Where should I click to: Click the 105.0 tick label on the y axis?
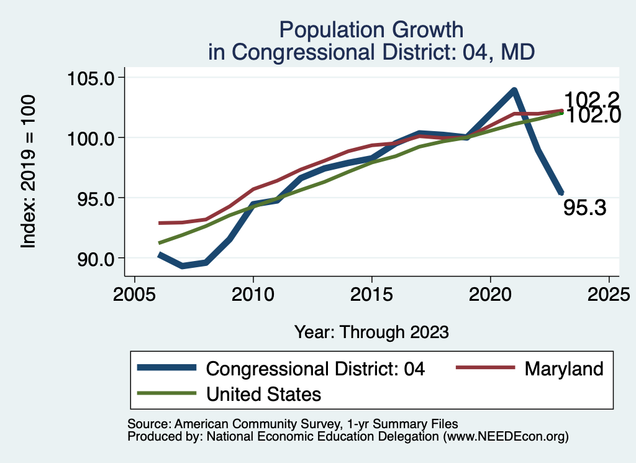click(92, 78)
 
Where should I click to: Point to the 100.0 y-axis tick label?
click(92, 138)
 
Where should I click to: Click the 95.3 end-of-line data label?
click(584, 208)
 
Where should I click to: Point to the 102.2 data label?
click(591, 99)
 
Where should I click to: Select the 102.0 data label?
click(591, 116)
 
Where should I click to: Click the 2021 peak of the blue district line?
click(514, 91)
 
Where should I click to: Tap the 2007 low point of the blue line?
click(182, 266)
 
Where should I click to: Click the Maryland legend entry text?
click(563, 369)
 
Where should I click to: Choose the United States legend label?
click(263, 393)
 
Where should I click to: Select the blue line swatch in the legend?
click(167, 368)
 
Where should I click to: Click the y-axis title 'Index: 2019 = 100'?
click(29, 172)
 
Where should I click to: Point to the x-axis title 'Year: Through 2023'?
click(371, 332)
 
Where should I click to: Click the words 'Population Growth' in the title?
click(371, 30)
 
